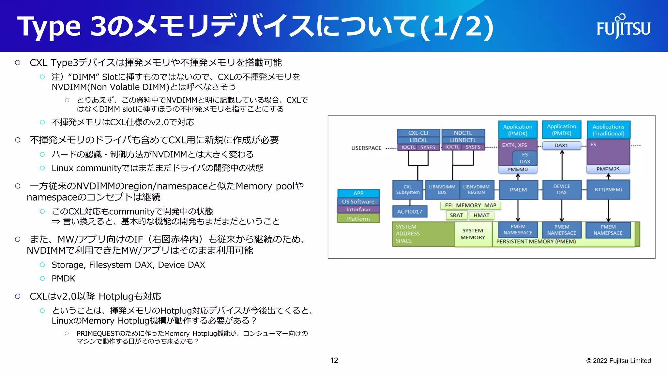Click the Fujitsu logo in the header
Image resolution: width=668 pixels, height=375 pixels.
[623, 27]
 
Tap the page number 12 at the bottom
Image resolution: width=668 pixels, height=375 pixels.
[334, 360]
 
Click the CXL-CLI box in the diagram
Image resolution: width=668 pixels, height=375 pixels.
[418, 133]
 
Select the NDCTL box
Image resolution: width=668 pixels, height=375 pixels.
[463, 133]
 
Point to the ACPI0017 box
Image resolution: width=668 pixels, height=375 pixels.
[410, 212]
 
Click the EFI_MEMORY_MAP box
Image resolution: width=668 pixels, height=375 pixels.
[470, 205]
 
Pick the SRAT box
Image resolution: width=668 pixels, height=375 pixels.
[456, 215]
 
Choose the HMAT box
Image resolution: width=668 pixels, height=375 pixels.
[481, 215]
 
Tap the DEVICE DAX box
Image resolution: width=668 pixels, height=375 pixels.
[562, 189]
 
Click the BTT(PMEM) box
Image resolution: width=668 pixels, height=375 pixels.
[608, 189]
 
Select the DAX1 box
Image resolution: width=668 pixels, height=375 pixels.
[561, 145]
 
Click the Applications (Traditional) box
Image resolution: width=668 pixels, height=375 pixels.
[608, 130]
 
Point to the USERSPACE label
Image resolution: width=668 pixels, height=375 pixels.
[366, 148]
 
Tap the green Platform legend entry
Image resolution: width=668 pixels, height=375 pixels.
[358, 219]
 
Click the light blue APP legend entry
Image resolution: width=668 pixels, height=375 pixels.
[358, 193]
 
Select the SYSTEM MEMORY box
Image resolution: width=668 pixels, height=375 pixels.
[473, 234]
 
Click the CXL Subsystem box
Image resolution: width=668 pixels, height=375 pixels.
[408, 189]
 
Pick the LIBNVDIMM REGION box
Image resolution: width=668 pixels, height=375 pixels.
[476, 189]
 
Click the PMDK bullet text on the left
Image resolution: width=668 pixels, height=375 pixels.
[63, 279]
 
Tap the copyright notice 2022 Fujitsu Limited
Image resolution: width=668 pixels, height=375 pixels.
[618, 361]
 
